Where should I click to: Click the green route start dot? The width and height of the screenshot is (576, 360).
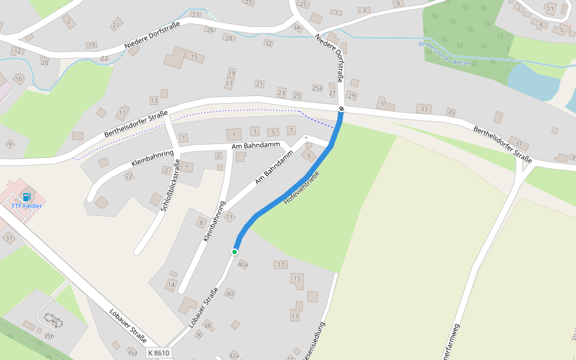coord(235,251)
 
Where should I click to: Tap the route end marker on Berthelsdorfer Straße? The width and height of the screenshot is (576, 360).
coord(341,109)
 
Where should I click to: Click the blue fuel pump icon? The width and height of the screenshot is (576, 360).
coord(26,197)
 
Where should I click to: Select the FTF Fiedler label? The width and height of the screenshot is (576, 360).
coord(27,206)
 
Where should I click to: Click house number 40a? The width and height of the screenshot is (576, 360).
coord(243,264)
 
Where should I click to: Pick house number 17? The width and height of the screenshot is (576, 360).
coord(280,265)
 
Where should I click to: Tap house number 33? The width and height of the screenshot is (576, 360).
coord(424,109)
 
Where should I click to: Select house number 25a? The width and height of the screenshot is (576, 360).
coord(317,88)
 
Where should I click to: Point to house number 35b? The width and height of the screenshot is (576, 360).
coord(49,336)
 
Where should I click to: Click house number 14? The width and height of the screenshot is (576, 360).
coord(172,284)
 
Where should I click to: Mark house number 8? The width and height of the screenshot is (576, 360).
coord(202,223)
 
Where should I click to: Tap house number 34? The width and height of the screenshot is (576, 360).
coord(296,28)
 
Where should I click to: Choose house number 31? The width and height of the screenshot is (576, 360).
coord(383,103)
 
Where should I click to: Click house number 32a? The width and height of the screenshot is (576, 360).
coord(234,356)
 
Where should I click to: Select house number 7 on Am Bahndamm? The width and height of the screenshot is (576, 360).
coord(291,130)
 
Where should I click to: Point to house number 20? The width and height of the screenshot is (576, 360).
coord(44,62)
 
